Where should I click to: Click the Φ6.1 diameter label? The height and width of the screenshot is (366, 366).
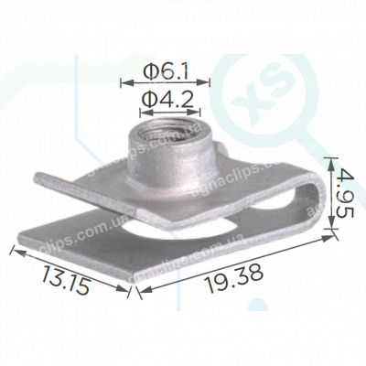tap(167, 70)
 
